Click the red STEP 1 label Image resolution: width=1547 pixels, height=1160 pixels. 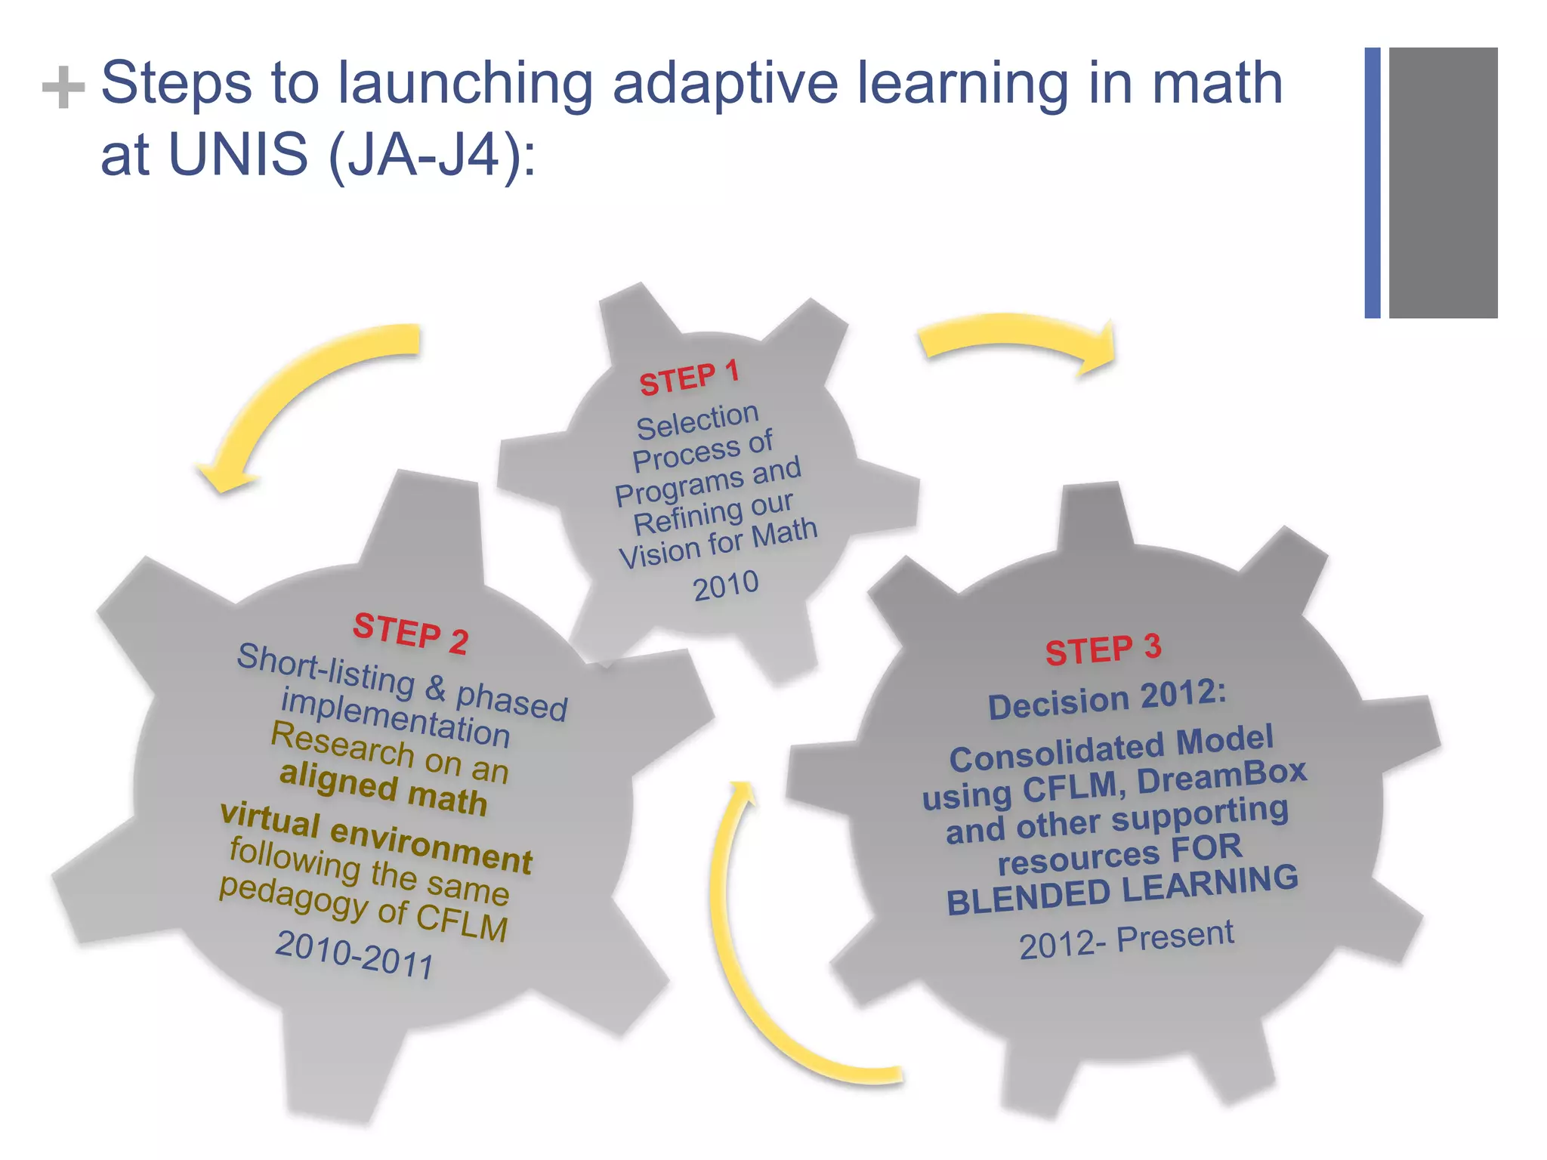[x=689, y=378]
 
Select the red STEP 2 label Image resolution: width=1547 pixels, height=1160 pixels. [x=411, y=634]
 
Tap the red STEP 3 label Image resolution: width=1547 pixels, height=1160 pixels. [x=1103, y=649]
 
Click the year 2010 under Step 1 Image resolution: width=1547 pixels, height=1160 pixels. [x=726, y=586]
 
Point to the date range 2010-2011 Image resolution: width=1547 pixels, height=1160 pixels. [x=354, y=955]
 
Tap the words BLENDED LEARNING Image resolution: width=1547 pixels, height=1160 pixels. [x=1122, y=890]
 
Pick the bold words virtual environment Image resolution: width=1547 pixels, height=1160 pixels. [x=376, y=838]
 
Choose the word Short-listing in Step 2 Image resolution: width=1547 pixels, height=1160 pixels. [x=326, y=669]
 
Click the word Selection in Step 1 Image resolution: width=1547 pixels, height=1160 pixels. [x=697, y=421]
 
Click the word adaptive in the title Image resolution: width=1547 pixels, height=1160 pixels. [x=724, y=83]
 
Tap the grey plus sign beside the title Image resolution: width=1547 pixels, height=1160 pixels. [x=63, y=88]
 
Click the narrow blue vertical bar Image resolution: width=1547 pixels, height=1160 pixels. [x=1372, y=183]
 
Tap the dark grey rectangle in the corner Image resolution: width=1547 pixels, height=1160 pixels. [x=1443, y=183]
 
